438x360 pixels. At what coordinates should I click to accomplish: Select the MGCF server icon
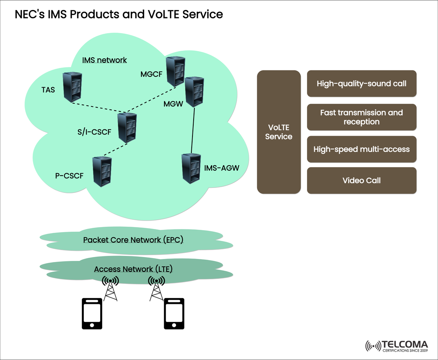point(176,71)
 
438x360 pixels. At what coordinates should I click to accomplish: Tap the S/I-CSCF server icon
point(127,128)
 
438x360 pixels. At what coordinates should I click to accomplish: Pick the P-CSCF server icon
point(102,171)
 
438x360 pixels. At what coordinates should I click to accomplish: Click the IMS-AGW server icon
point(191,168)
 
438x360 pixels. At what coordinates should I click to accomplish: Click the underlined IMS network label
point(105,60)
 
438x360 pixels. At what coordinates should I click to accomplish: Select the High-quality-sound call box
point(361,83)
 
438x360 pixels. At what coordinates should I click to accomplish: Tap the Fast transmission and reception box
point(361,117)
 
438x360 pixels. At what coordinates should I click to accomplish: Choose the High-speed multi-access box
point(361,149)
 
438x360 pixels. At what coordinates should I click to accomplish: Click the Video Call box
point(361,180)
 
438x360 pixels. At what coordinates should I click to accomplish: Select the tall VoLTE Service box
point(279,132)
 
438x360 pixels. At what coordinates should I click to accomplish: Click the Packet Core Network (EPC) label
point(133,240)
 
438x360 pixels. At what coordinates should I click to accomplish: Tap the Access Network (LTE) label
point(133,269)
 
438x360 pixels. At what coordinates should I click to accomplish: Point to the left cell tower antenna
point(110,289)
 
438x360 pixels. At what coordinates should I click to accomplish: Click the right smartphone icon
point(174,314)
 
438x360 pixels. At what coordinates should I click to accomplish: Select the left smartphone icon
point(92,314)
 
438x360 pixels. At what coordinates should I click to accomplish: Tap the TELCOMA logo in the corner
point(397,345)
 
